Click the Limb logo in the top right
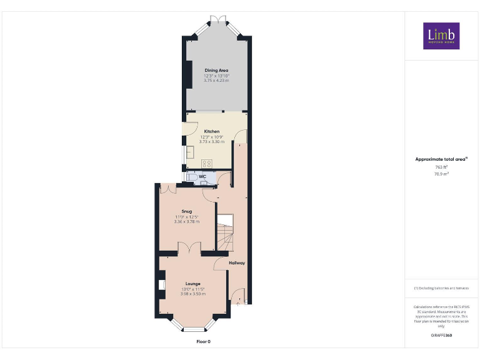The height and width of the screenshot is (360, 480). pyautogui.click(x=441, y=36)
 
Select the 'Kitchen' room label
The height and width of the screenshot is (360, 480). pyautogui.click(x=211, y=131)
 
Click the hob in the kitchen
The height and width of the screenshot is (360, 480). pyautogui.click(x=207, y=163)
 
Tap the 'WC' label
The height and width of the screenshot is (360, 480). pyautogui.click(x=202, y=176)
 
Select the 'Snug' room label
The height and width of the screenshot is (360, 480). pyautogui.click(x=186, y=211)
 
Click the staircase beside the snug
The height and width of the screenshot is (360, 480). pyautogui.click(x=225, y=231)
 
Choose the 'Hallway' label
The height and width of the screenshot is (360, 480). pyautogui.click(x=236, y=262)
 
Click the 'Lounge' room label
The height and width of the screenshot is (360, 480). pyautogui.click(x=192, y=283)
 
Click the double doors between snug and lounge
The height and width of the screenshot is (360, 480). pyautogui.click(x=188, y=249)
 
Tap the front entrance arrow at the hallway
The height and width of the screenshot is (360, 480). pyautogui.click(x=237, y=302)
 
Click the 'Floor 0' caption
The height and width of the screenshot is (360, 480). pyautogui.click(x=204, y=342)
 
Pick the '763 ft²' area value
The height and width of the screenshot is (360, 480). pyautogui.click(x=441, y=167)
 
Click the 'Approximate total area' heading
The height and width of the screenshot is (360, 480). pyautogui.click(x=441, y=159)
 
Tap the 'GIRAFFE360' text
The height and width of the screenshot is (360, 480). pyautogui.click(x=441, y=336)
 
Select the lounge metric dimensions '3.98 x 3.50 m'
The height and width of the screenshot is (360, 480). pyautogui.click(x=193, y=294)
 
